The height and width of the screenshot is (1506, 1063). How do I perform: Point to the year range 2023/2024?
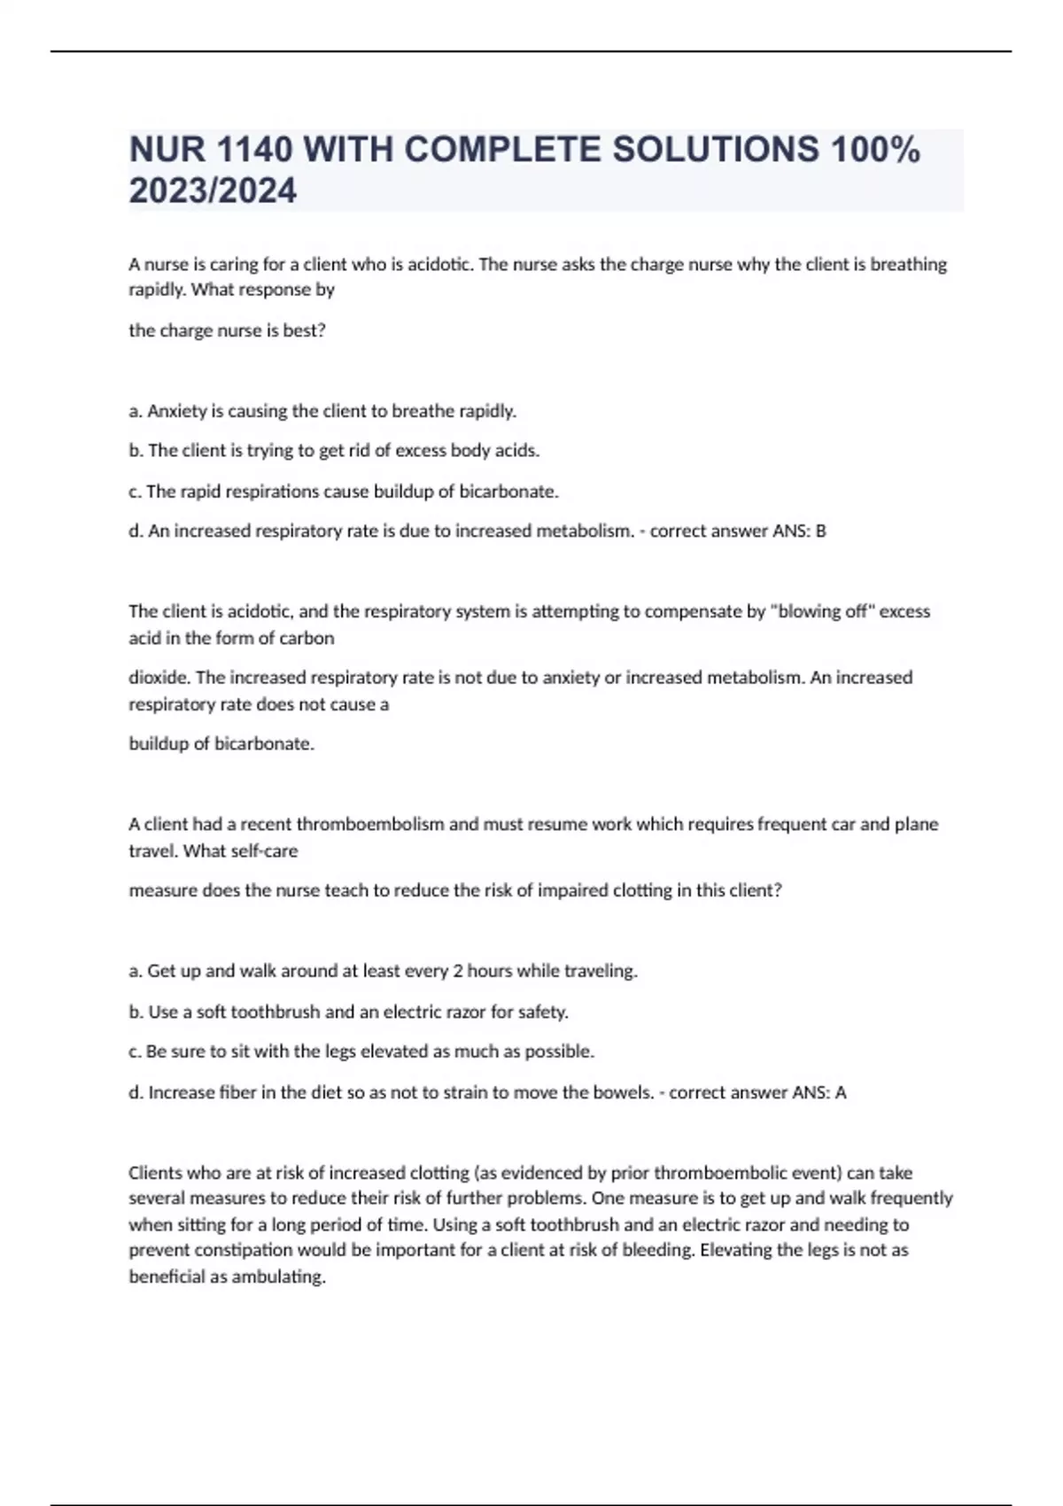213,191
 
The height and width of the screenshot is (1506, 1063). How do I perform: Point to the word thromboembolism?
369,824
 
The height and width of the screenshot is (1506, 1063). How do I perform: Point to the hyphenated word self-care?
264,851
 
